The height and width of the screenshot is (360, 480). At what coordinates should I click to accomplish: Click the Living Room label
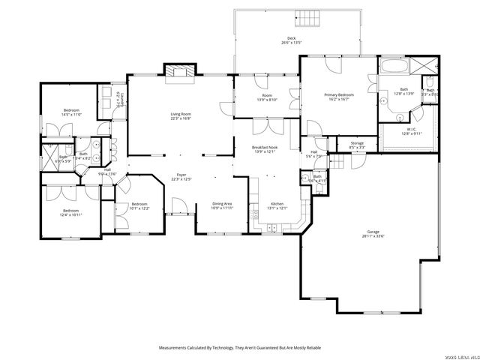pos(180,115)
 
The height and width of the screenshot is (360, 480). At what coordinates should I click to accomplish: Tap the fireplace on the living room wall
pos(179,71)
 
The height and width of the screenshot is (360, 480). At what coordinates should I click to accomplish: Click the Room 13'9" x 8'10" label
pos(267,96)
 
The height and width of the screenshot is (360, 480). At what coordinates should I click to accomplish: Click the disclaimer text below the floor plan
pos(240,347)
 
